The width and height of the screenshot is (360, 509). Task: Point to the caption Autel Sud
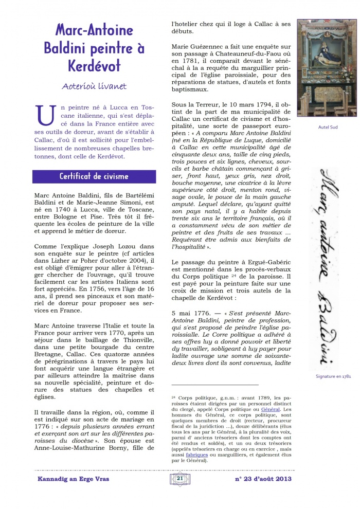[328, 127]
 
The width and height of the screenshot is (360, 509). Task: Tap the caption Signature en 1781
[333, 376]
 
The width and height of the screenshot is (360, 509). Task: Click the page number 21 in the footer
[179, 479]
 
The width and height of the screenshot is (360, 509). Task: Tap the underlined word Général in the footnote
[271, 409]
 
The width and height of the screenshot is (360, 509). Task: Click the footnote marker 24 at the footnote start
[173, 397]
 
